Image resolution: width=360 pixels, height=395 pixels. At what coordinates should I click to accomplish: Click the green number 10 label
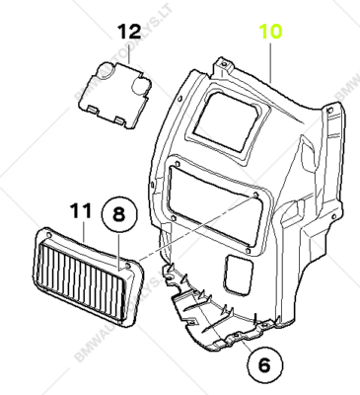[270, 31]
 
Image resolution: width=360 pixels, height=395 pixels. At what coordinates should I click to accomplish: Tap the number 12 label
[130, 31]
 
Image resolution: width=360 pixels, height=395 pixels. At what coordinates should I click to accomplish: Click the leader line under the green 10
[270, 59]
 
